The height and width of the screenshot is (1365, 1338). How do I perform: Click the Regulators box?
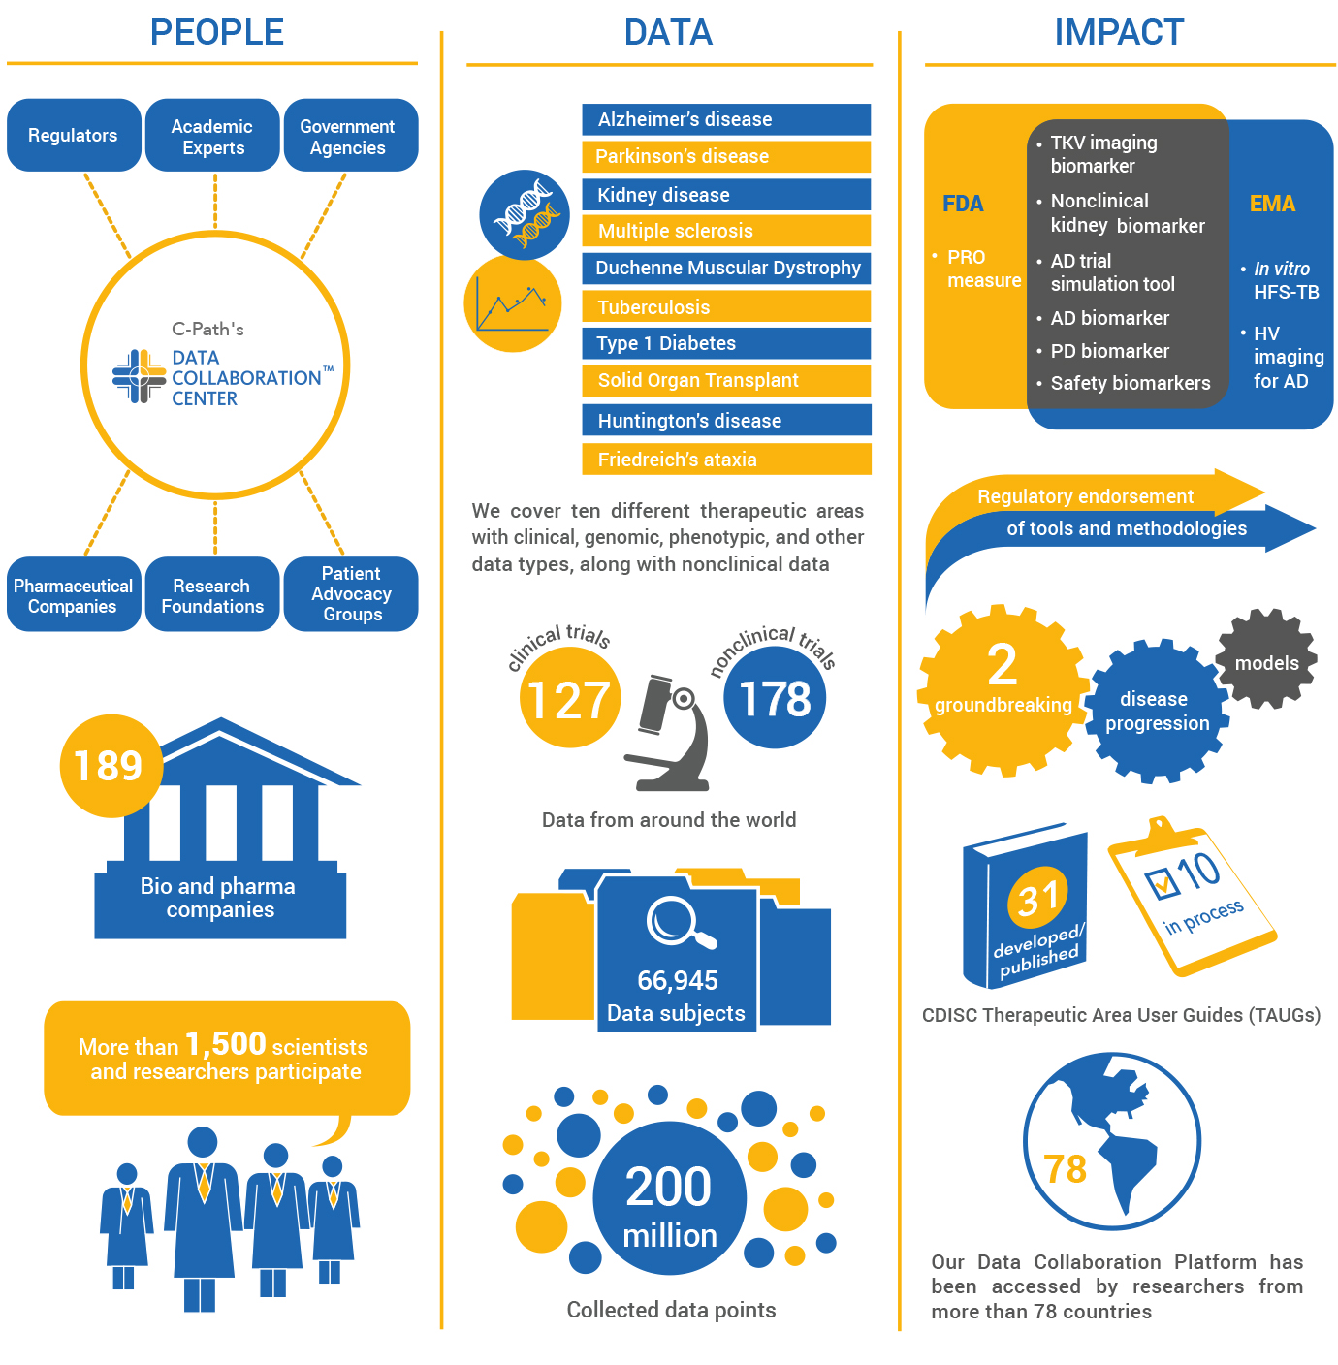coord(73,135)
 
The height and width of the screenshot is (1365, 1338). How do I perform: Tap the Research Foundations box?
coord(212,593)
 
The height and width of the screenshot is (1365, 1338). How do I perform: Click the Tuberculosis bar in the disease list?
coord(725,306)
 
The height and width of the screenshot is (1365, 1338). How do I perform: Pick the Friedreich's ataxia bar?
coord(725,459)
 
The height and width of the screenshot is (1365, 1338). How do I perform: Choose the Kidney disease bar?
coord(725,195)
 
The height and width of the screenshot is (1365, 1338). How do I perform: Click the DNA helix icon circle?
coord(524,214)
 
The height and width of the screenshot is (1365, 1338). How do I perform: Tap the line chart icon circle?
coord(512,303)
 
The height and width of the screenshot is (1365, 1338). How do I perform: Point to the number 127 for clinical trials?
coord(568,700)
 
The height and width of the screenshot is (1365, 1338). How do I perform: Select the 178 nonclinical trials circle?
coord(774,698)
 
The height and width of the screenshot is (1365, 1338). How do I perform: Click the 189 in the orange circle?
coord(109,765)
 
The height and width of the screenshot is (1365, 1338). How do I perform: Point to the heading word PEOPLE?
coord(217,33)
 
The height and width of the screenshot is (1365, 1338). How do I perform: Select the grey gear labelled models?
coord(1265,659)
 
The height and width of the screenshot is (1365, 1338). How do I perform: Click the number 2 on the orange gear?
coord(1002,664)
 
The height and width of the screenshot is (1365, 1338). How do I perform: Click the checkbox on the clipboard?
coord(1161,882)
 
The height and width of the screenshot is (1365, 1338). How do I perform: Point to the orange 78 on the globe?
coord(1065,1169)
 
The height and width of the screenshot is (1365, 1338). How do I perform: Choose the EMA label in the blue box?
coord(1271,204)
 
